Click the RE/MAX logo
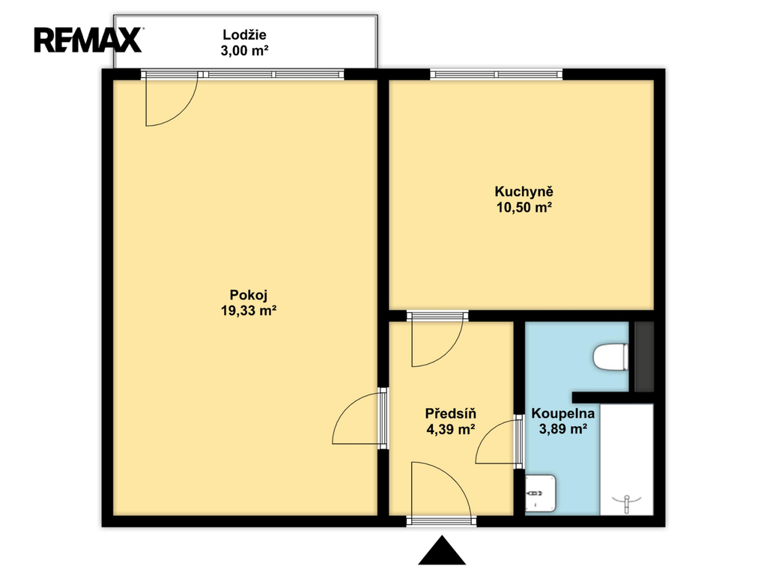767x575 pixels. (88, 40)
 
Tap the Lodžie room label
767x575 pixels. (244, 35)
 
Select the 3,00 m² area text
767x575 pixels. (244, 50)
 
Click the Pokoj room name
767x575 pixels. (249, 295)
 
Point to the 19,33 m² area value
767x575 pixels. (249, 311)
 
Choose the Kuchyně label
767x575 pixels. (524, 192)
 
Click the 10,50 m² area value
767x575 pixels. (524, 207)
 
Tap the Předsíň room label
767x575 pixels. (450, 413)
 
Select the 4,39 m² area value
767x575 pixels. (450, 429)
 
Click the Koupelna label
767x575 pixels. (563, 413)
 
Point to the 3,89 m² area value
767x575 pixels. (563, 429)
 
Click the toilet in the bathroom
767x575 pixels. (610, 357)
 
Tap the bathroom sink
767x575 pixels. (540, 494)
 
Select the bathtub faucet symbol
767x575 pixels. (627, 503)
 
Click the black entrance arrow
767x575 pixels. (442, 550)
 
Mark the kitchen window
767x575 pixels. (497, 74)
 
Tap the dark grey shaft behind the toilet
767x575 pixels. (644, 356)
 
